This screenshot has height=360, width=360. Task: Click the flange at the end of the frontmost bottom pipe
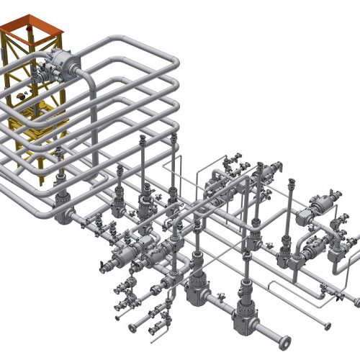point(287,340)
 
